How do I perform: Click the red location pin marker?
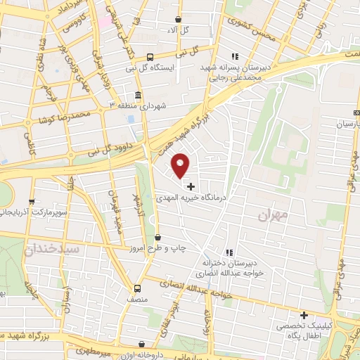(181, 165)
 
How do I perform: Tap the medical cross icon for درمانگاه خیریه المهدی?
(191, 186)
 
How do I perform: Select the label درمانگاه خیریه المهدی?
(191, 199)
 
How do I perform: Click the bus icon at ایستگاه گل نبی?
(150, 58)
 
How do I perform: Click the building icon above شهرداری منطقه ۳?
(138, 95)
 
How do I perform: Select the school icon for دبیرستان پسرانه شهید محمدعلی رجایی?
(235, 56)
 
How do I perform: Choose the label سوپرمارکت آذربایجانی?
(35, 211)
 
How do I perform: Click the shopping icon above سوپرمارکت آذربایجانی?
(34, 200)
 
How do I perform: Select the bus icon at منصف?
(138, 288)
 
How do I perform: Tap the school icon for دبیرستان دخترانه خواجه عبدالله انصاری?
(229, 252)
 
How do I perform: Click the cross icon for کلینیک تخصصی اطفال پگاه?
(304, 315)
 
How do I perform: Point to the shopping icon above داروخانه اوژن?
(143, 345)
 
